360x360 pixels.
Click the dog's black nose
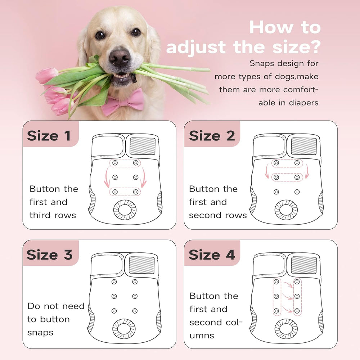[120, 57]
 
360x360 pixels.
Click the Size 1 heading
[49, 136]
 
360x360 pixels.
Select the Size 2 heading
[212, 136]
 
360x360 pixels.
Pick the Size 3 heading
[50, 255]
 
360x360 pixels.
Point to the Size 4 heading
[212, 255]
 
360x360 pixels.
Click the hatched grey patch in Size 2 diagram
[304, 146]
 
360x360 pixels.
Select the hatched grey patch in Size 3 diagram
[141, 265]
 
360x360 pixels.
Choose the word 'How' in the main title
[271, 27]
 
